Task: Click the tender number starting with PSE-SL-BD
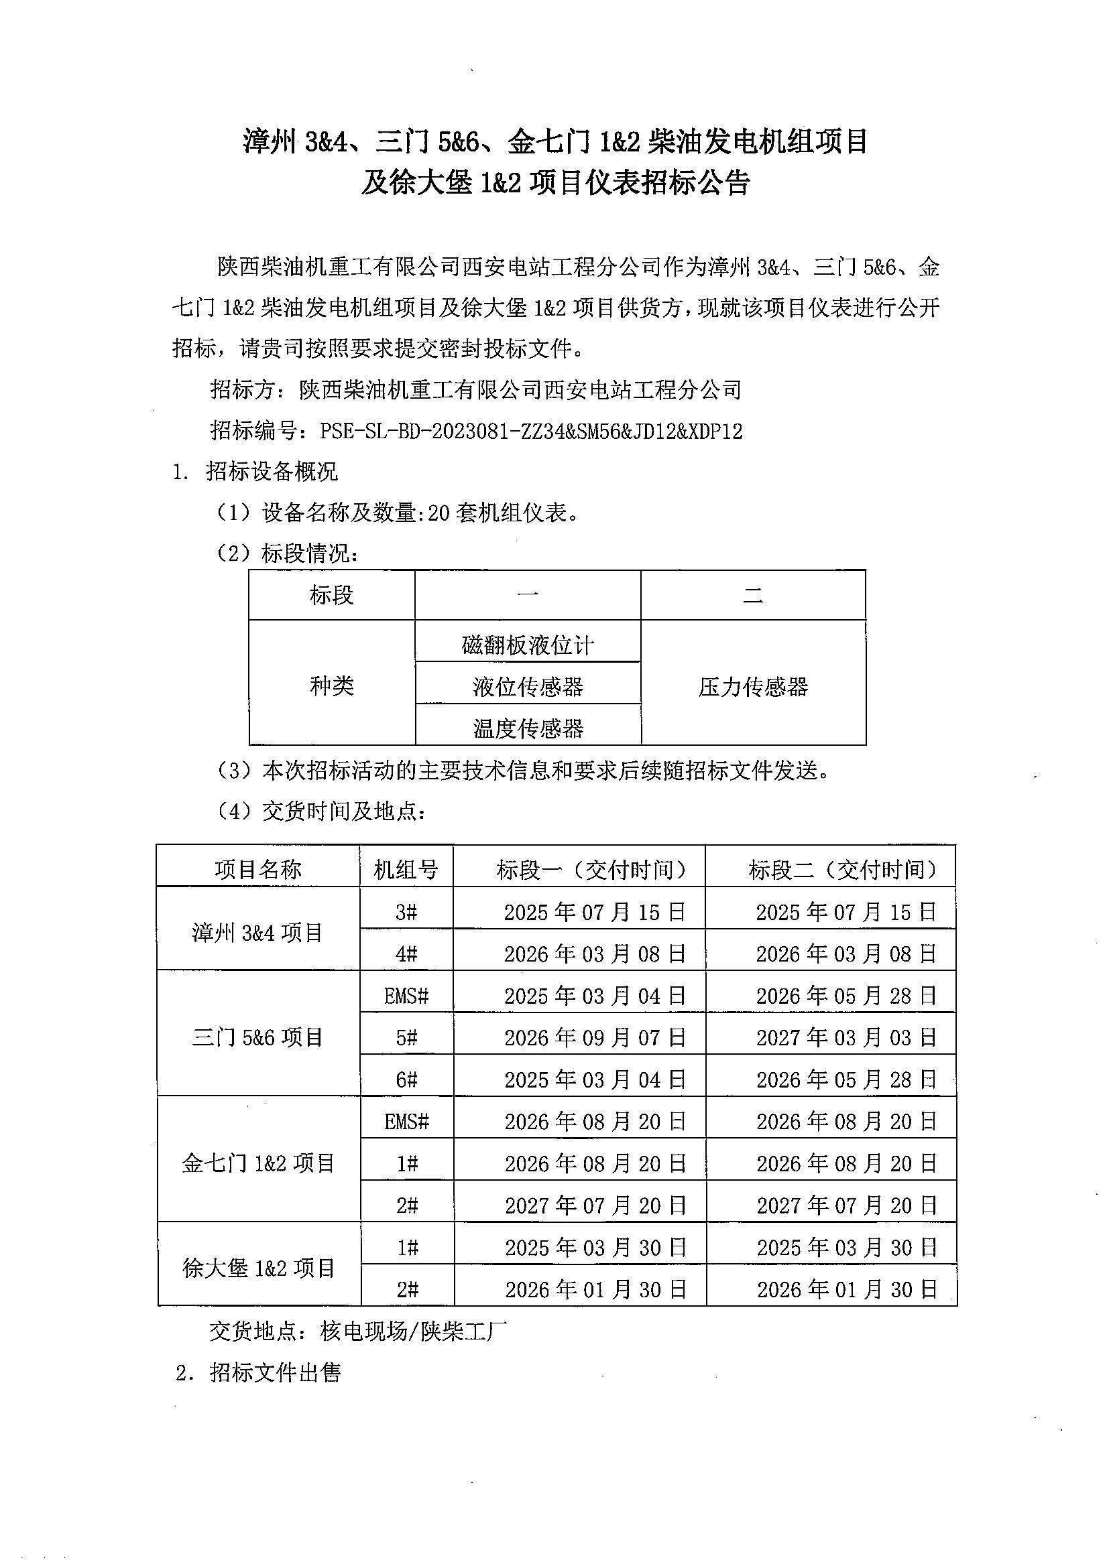(x=530, y=431)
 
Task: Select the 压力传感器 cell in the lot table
(x=753, y=686)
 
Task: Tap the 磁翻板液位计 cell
(x=528, y=645)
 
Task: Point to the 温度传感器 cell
(x=528, y=728)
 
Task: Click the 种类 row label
(x=331, y=685)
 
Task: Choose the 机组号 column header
(x=406, y=869)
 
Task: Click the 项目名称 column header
(x=258, y=869)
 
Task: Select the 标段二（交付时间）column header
(x=842, y=869)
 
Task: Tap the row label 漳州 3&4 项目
(x=257, y=932)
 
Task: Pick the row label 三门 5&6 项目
(x=257, y=1037)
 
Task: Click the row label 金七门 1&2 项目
(x=258, y=1163)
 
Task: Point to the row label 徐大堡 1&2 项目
(x=258, y=1268)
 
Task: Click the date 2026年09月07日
(x=595, y=1038)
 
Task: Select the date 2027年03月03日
(x=846, y=1038)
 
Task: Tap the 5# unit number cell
(x=406, y=1038)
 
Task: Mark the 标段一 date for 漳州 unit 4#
(x=595, y=954)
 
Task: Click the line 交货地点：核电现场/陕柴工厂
(x=358, y=1331)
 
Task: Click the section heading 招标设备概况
(x=272, y=471)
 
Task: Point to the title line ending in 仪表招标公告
(x=555, y=183)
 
